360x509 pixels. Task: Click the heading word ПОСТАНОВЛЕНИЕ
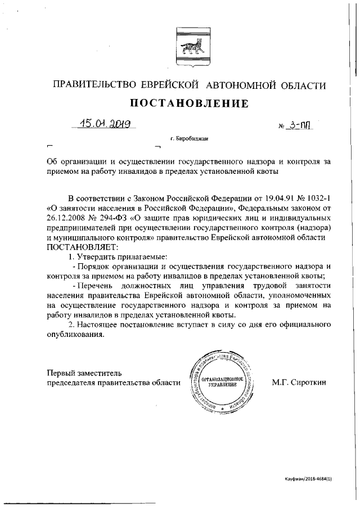point(189,103)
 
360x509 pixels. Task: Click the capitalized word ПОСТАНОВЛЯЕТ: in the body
point(83,247)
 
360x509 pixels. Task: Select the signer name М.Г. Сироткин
point(299,382)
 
